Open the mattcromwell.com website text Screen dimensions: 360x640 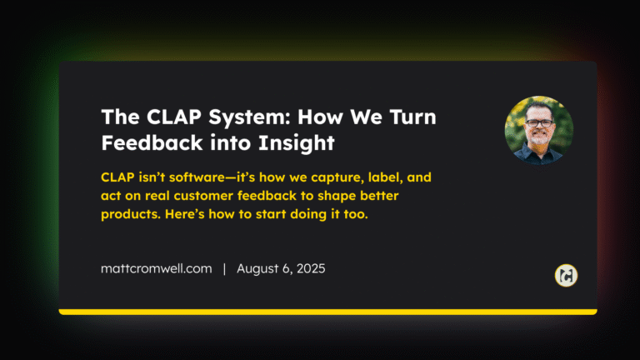point(156,269)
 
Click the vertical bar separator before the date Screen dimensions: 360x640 point(224,269)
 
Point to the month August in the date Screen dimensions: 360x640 point(260,269)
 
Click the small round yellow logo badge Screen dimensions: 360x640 point(566,275)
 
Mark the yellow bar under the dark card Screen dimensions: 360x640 point(327,312)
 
